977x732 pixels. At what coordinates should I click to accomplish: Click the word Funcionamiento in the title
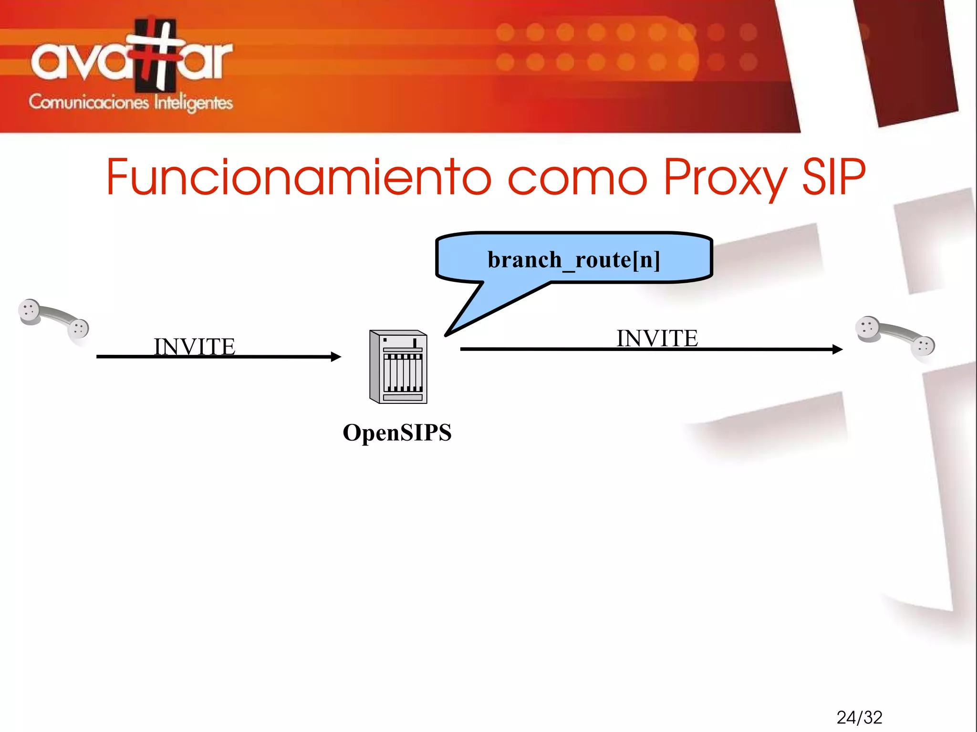click(298, 177)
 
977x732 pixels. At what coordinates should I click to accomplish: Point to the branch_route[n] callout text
click(574, 260)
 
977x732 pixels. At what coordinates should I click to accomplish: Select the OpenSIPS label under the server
click(397, 433)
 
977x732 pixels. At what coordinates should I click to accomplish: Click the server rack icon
click(398, 367)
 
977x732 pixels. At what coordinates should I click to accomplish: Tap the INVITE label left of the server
click(194, 346)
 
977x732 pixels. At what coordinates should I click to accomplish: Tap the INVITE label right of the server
click(657, 338)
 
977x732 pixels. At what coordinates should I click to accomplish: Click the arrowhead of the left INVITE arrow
click(337, 356)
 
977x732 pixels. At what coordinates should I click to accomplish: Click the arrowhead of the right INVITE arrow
click(838, 349)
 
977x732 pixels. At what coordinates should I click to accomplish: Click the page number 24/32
click(859, 717)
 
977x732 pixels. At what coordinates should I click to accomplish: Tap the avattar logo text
click(131, 60)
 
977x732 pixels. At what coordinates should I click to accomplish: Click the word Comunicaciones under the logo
click(89, 102)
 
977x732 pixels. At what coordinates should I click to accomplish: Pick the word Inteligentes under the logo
click(193, 103)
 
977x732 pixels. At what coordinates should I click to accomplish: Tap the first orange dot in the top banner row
click(505, 32)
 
